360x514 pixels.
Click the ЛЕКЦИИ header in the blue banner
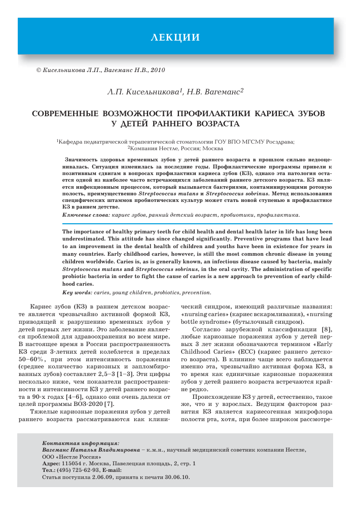pyautogui.click(x=175, y=37)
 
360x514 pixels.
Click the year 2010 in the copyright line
pyautogui.click(x=157, y=70)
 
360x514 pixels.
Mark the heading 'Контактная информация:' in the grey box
pyautogui.click(x=81, y=442)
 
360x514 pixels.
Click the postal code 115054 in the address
pyautogui.click(x=70, y=464)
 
